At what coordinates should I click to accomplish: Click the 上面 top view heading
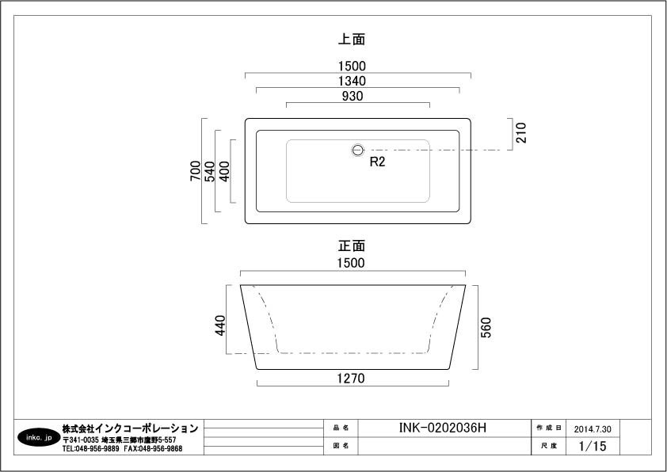(x=352, y=39)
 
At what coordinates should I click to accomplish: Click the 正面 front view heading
(x=352, y=246)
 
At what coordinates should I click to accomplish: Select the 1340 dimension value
(x=352, y=81)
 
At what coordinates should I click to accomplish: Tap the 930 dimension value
(x=353, y=96)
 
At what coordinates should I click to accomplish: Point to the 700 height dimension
(x=195, y=170)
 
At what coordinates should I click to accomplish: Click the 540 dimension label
(x=210, y=171)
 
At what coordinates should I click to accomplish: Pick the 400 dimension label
(x=224, y=171)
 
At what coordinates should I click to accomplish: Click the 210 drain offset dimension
(x=521, y=132)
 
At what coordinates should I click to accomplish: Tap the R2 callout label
(x=377, y=162)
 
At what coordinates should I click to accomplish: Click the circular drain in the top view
(x=358, y=150)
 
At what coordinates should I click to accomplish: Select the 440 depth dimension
(x=220, y=325)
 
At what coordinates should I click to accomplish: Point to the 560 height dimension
(x=486, y=327)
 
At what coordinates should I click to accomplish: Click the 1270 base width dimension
(x=351, y=378)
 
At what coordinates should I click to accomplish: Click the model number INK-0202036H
(x=442, y=428)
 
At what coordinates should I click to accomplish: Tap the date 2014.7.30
(x=593, y=429)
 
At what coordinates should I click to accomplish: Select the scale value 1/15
(x=593, y=446)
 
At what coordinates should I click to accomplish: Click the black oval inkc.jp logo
(x=39, y=437)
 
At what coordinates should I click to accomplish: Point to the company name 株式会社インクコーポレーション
(x=130, y=428)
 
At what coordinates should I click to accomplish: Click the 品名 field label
(x=341, y=428)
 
